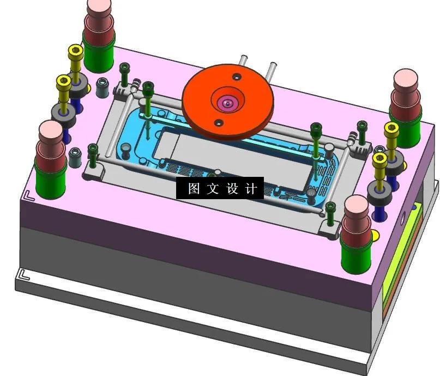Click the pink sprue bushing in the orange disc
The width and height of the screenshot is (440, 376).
pyautogui.click(x=226, y=102)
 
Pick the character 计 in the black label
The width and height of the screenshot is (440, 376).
pyautogui.click(x=250, y=188)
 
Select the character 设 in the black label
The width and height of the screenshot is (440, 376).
pyautogui.click(x=232, y=188)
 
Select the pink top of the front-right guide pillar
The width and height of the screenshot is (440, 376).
pyautogui.click(x=358, y=207)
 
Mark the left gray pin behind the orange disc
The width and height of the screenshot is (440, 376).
pyautogui.click(x=244, y=60)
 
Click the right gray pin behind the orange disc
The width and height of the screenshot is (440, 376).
pyautogui.click(x=271, y=69)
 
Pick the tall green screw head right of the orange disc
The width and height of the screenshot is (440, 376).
pyautogui.click(x=316, y=129)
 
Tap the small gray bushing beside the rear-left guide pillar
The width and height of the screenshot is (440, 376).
pyautogui.click(x=101, y=87)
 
